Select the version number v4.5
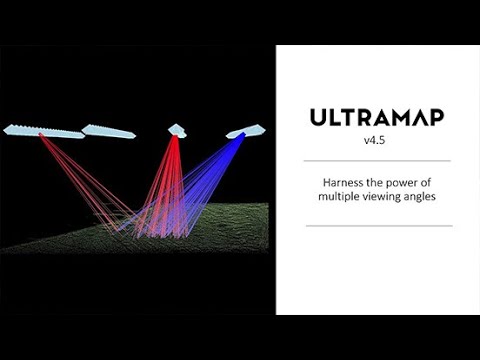[x=378, y=142]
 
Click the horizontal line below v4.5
[x=378, y=160]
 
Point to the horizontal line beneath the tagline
[x=378, y=226]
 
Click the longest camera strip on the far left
[x=43, y=131]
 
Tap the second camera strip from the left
[x=108, y=131]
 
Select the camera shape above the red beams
[x=177, y=130]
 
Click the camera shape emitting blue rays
[x=246, y=130]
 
